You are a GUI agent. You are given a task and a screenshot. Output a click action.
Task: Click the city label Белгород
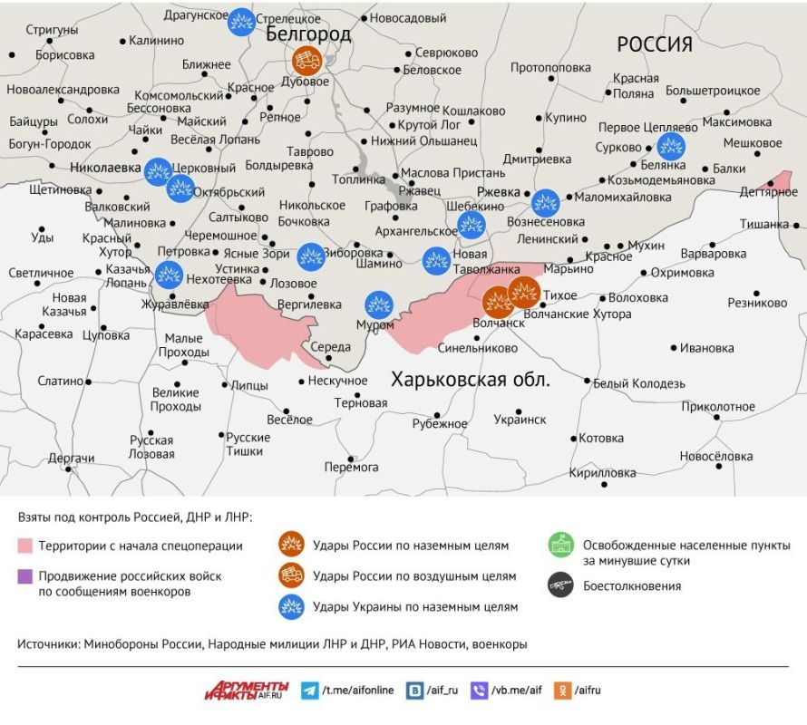[x=308, y=34]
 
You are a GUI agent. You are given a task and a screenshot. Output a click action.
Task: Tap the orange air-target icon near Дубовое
[x=306, y=61]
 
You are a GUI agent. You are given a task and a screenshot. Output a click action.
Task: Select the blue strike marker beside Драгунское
[x=240, y=21]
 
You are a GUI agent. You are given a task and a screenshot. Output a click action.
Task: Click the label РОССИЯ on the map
[x=655, y=44]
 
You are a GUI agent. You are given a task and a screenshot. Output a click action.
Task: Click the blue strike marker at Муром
[x=379, y=305]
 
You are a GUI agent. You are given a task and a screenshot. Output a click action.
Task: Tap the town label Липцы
[x=250, y=383]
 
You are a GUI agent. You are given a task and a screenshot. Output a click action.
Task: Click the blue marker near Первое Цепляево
[x=671, y=146]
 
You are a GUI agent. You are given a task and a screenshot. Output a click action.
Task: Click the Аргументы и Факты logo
[x=246, y=690]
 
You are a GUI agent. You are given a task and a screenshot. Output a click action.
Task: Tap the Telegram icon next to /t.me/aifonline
[x=310, y=690]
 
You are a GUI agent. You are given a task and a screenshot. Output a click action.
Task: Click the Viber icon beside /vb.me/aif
[x=480, y=690]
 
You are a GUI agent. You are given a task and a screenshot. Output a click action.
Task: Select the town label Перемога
[x=351, y=467]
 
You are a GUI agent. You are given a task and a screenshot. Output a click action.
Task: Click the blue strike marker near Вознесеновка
[x=545, y=203]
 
